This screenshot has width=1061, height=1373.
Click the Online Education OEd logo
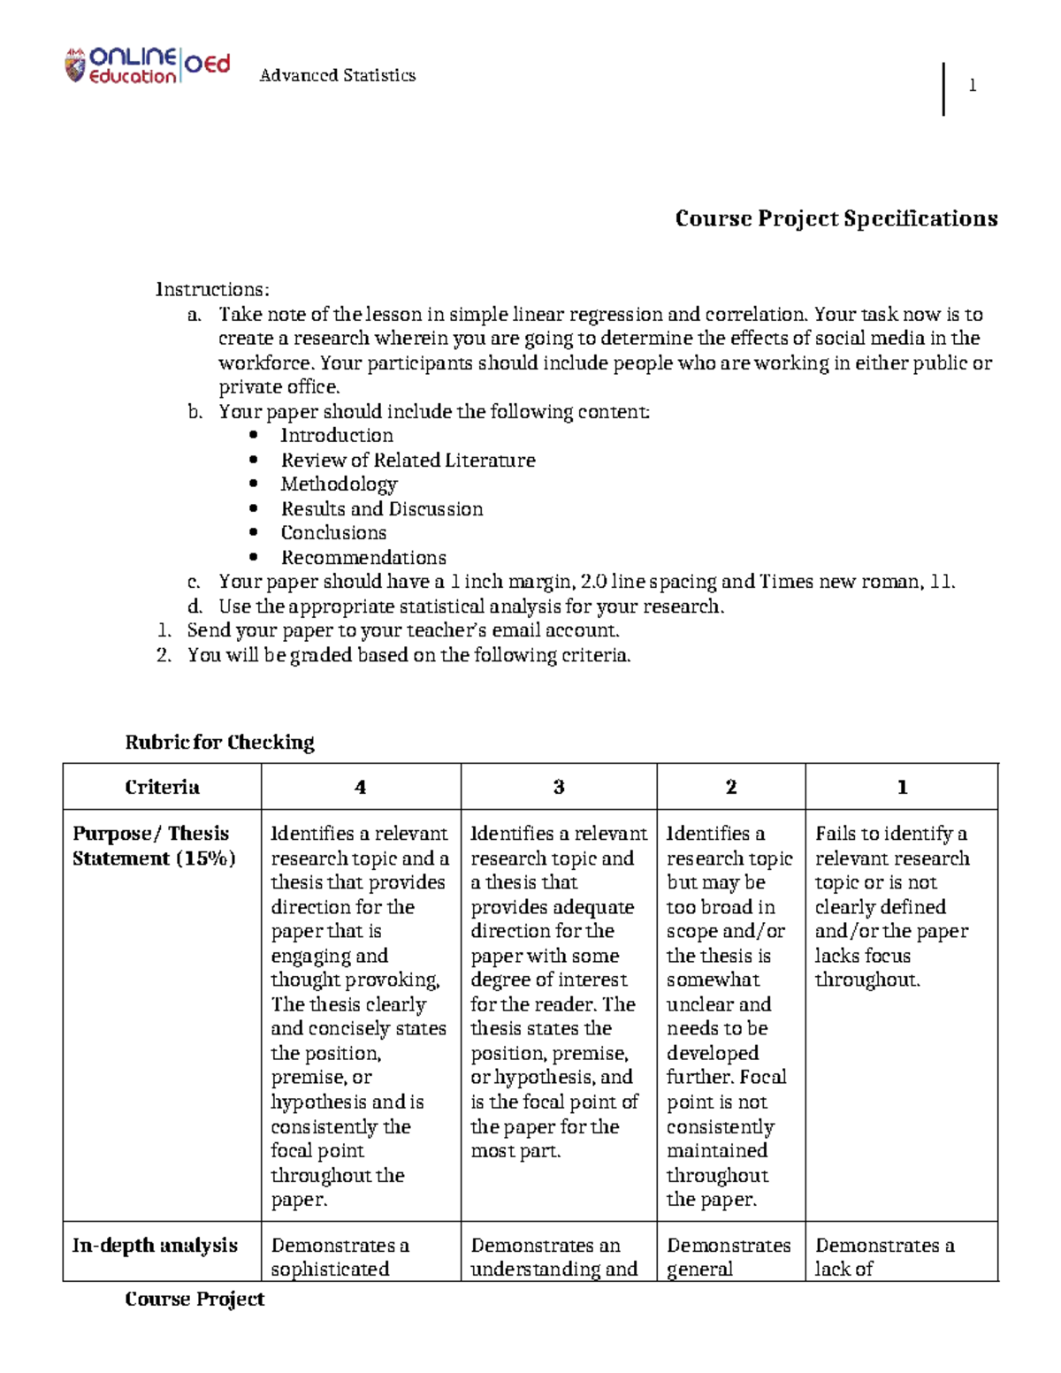148,65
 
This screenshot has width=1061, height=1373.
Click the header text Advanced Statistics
337,76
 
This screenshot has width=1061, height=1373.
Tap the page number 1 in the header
973,86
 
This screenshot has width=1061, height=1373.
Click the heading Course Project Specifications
836,218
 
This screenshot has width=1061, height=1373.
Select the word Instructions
211,290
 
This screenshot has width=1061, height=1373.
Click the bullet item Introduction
337,436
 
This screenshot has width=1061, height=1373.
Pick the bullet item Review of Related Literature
408,461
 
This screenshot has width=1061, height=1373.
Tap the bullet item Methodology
339,484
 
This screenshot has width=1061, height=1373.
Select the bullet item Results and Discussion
382,509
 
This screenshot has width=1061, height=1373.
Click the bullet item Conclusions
333,533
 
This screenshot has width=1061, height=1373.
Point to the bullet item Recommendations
363,558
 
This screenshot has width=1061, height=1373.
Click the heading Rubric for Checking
219,743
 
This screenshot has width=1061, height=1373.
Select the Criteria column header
162,788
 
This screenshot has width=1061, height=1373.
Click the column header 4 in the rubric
360,788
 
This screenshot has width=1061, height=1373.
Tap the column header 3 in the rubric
559,788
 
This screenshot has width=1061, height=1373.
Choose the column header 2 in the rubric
731,788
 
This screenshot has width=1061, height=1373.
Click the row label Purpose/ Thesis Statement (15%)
154,846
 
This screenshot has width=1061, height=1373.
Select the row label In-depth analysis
155,1246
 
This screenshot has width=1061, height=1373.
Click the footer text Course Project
195,1300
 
